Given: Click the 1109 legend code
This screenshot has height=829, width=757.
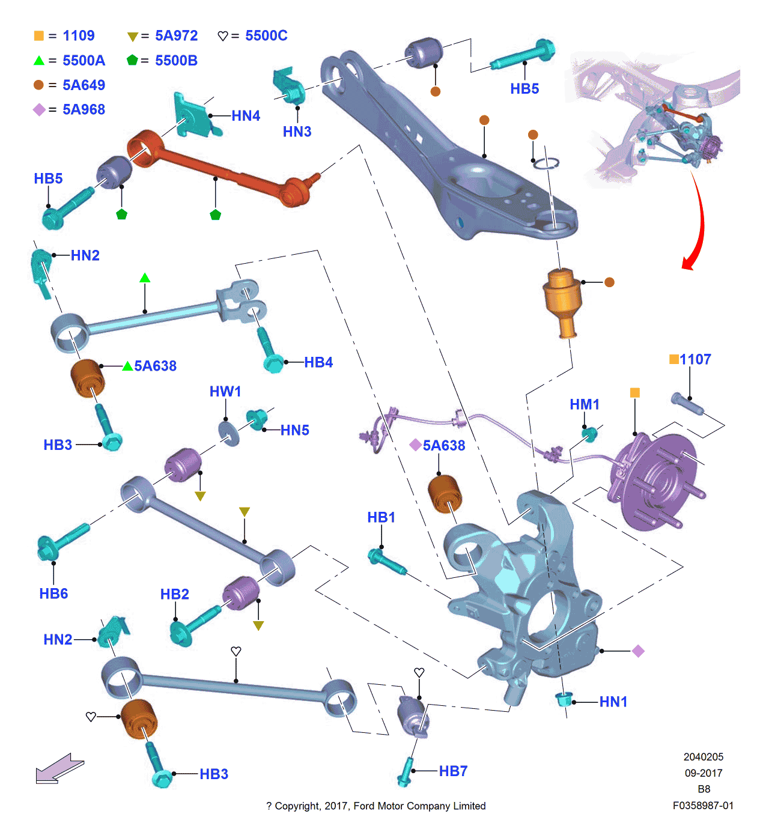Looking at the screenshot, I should (x=79, y=36).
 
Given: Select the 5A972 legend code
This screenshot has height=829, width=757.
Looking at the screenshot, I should (x=176, y=36).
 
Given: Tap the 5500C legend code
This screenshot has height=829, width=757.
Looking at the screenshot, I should (x=266, y=36).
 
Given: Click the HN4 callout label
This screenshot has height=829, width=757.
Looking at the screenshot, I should (x=246, y=116).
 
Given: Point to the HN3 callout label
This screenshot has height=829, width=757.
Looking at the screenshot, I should (x=297, y=132).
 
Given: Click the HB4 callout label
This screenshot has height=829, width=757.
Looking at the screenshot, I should (x=318, y=362).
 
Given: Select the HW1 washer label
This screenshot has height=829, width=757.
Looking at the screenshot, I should (x=225, y=392).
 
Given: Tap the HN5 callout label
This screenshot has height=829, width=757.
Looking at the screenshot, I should (x=294, y=430).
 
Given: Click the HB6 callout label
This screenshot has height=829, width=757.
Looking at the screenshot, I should (x=53, y=594).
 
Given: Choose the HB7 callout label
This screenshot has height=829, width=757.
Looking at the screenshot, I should (x=453, y=771).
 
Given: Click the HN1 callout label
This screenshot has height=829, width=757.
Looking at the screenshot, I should (x=613, y=702).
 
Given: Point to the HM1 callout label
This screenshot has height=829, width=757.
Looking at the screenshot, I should (x=585, y=404).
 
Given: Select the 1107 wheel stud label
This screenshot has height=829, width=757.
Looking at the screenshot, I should (x=695, y=359).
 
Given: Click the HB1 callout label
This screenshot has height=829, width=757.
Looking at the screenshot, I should (x=382, y=517).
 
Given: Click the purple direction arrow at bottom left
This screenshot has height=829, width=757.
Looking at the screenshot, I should (x=59, y=769).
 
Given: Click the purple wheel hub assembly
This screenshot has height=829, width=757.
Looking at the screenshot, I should (x=655, y=481).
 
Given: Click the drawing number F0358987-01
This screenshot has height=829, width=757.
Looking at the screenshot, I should (x=703, y=806).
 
